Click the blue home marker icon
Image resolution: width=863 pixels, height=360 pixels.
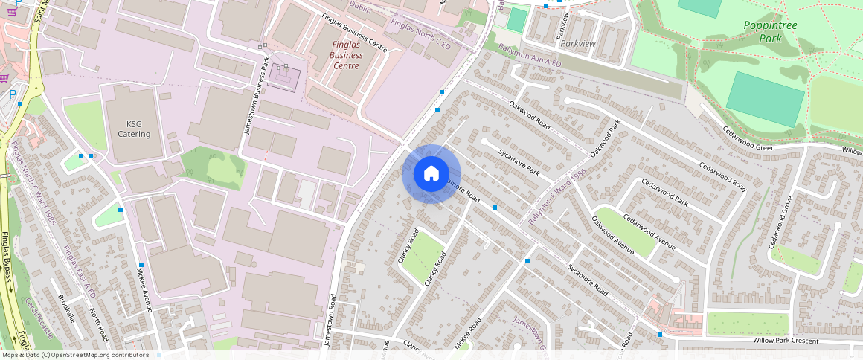tap(431, 174)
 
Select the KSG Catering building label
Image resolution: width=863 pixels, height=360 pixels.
tap(134, 129)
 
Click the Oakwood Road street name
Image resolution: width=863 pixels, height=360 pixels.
tap(529, 115)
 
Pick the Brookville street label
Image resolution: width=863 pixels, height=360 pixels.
tap(66, 307)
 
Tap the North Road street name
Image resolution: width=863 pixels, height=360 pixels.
tap(99, 325)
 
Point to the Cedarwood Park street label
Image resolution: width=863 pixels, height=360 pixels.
tap(667, 192)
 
